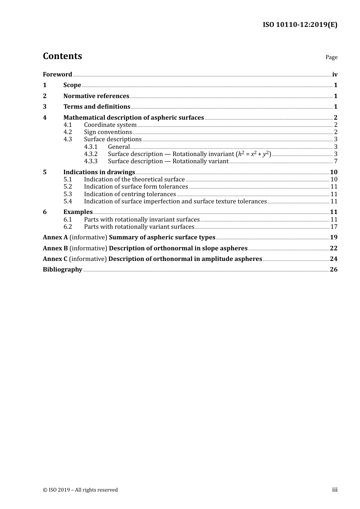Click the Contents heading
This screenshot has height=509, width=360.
62,56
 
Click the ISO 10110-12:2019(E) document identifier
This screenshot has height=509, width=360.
300,25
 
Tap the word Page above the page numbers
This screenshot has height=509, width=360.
331,57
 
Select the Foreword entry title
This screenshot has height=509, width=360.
57,74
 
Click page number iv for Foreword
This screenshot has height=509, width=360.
335,74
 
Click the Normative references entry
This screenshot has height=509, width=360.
96,96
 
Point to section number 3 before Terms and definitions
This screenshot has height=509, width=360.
45,106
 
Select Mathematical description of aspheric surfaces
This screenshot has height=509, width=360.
133,117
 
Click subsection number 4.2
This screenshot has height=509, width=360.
67,132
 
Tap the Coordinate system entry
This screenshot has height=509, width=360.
110,125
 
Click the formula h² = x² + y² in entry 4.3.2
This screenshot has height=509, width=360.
253,154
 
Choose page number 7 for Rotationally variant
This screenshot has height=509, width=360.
336,161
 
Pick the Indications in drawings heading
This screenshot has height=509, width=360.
99,172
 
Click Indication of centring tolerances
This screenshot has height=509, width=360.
130,194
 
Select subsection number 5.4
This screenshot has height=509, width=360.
67,201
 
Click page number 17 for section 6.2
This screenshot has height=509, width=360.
334,226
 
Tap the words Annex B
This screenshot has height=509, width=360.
55,248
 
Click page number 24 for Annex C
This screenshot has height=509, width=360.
333,259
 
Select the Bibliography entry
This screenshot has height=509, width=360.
63,269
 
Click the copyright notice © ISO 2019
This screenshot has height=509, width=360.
80,490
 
